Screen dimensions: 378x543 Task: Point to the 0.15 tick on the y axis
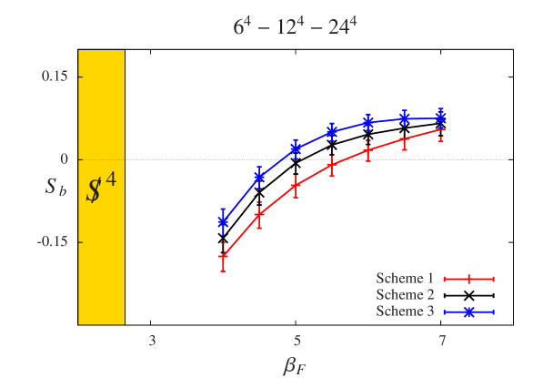55,76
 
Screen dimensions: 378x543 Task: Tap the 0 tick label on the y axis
65,158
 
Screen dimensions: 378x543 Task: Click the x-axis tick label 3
152,342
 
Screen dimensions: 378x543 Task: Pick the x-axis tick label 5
297,342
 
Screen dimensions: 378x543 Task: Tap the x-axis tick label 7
442,342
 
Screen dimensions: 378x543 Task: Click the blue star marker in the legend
468,312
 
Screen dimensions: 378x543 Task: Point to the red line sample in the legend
468,279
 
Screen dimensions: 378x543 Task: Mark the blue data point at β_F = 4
223,220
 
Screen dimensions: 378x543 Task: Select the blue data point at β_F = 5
296,148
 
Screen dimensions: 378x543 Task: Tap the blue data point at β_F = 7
441,117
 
